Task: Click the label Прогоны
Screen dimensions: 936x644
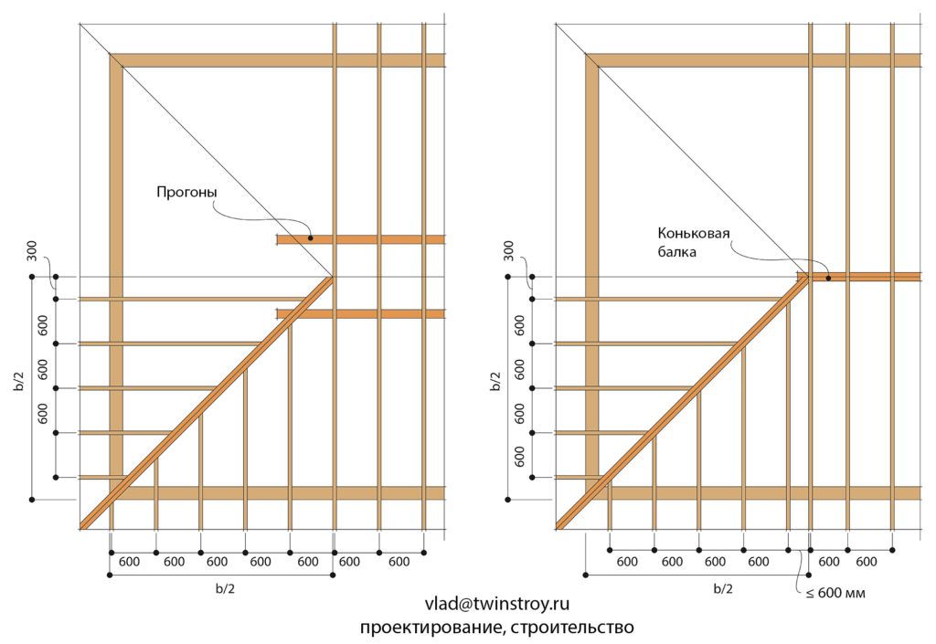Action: tap(186, 193)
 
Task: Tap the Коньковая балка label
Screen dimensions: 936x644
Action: tap(694, 242)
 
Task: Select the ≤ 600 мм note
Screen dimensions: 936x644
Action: tap(835, 594)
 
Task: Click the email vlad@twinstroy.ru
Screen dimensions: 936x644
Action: tap(497, 604)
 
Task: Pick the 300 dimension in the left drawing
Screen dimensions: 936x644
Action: tap(32, 250)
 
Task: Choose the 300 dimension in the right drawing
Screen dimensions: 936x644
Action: tap(508, 250)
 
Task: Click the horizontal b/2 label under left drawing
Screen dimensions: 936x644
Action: tap(225, 588)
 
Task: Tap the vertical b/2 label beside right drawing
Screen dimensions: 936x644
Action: tap(495, 381)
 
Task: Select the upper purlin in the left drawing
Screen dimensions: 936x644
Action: tap(361, 239)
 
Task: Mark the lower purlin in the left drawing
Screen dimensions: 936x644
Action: tap(361, 313)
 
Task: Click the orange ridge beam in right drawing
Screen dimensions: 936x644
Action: tap(859, 277)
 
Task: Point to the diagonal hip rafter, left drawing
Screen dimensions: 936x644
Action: tap(207, 403)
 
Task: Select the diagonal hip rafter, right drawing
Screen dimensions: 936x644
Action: tap(682, 402)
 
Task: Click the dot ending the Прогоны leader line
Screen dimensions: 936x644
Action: tap(311, 238)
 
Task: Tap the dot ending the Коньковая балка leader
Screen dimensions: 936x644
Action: tap(828, 278)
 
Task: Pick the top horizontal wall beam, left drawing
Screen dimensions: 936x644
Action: tap(278, 60)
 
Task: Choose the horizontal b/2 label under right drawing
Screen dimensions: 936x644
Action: tap(723, 588)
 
